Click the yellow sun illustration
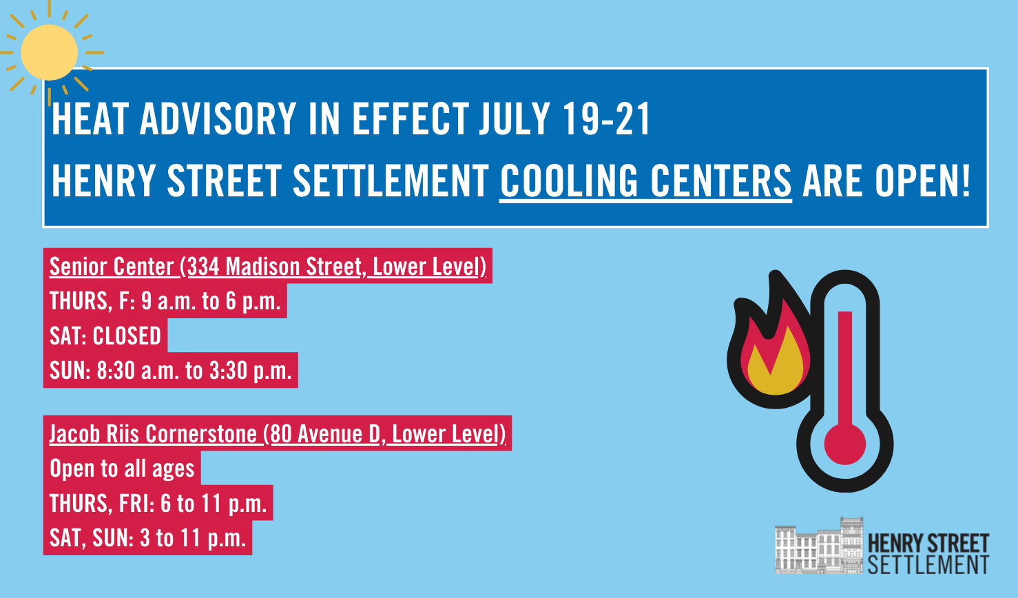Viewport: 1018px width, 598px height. coord(49,53)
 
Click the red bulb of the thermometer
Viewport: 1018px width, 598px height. coord(845,444)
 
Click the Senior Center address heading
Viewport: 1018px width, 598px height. coord(268,267)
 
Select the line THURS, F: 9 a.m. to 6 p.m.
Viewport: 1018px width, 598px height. coord(165,301)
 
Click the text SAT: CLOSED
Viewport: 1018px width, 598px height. coord(105,336)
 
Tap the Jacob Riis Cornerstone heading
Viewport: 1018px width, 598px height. coord(277,433)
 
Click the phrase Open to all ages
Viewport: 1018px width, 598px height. coord(122,468)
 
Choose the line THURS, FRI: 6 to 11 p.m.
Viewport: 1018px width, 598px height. coord(158,504)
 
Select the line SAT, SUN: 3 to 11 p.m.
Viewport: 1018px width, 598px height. coord(147,538)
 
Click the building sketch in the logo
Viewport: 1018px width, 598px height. coord(818,545)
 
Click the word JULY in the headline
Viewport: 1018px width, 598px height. coord(515,119)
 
